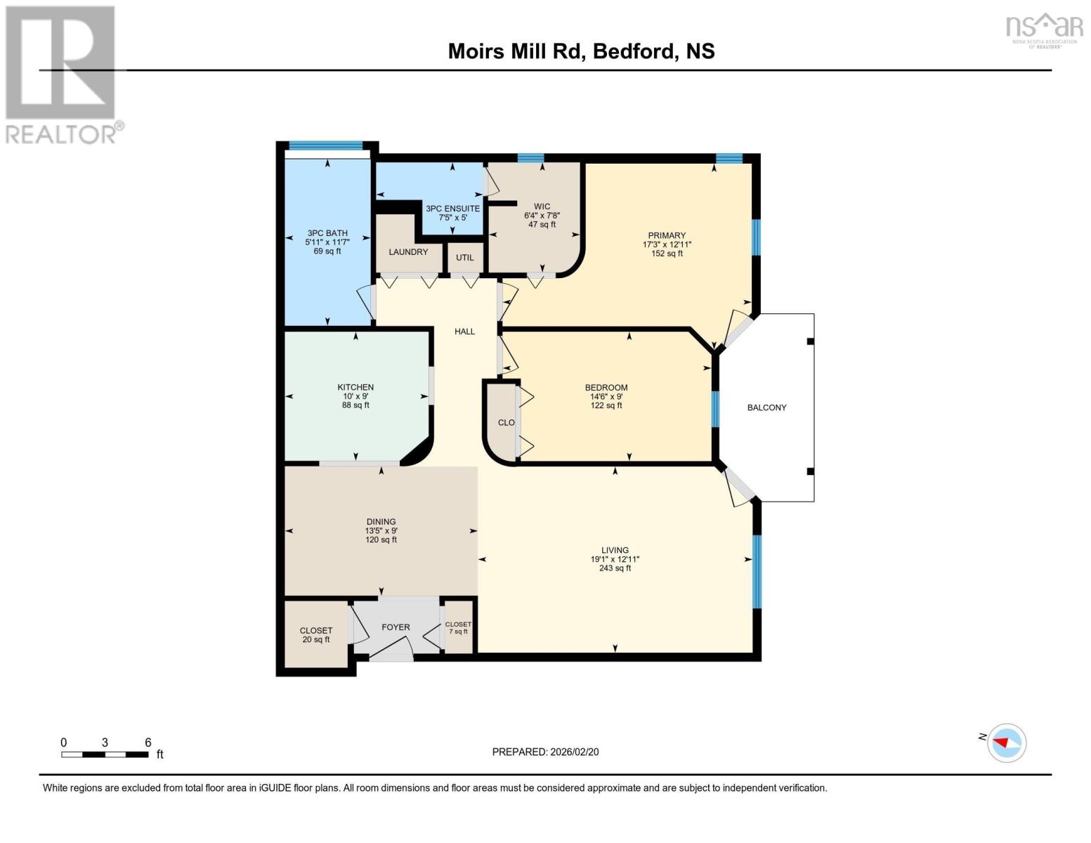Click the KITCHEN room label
click(355, 387)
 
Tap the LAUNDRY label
click(408, 251)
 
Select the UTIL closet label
click(465, 258)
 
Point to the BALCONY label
click(766, 407)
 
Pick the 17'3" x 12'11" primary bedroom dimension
click(667, 244)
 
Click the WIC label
click(542, 207)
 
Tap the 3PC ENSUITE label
click(452, 209)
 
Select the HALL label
click(464, 332)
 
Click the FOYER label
click(396, 627)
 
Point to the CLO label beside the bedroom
click(507, 423)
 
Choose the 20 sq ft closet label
click(316, 640)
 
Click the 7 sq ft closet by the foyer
click(459, 632)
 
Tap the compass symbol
click(1006, 743)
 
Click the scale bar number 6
click(148, 743)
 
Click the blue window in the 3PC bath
click(325, 146)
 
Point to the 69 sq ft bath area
click(327, 251)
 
